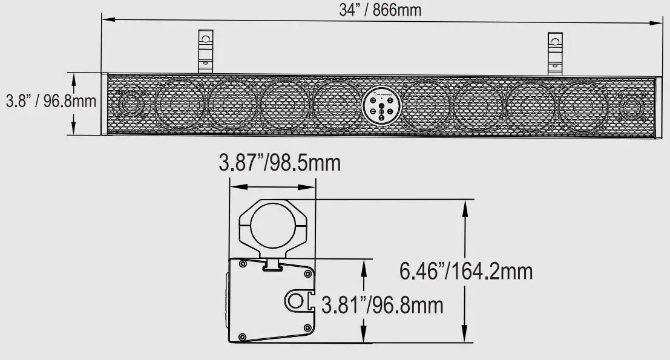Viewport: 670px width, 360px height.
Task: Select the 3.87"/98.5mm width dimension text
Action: pos(280,163)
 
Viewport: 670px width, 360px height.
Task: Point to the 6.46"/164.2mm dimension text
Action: pos(466,271)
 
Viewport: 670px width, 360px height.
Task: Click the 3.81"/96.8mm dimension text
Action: pos(382,305)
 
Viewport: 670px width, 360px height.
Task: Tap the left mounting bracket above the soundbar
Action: pos(206,51)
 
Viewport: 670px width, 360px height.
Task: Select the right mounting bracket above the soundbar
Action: pos(555,51)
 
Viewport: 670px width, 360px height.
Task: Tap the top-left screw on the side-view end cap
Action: pos(242,264)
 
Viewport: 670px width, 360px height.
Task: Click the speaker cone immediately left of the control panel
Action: pos(337,105)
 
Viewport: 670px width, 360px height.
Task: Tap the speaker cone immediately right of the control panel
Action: pos(427,105)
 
